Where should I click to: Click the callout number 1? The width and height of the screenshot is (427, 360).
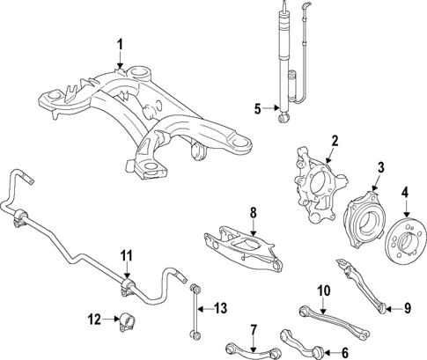coord(121,44)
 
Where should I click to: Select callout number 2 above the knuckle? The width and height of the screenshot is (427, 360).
coord(335,140)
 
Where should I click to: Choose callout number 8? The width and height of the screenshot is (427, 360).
coord(252,212)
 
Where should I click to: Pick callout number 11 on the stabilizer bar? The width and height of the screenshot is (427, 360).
coord(127,256)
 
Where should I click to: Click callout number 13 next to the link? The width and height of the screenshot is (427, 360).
coord(221,307)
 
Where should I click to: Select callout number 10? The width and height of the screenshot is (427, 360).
coord(322,290)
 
